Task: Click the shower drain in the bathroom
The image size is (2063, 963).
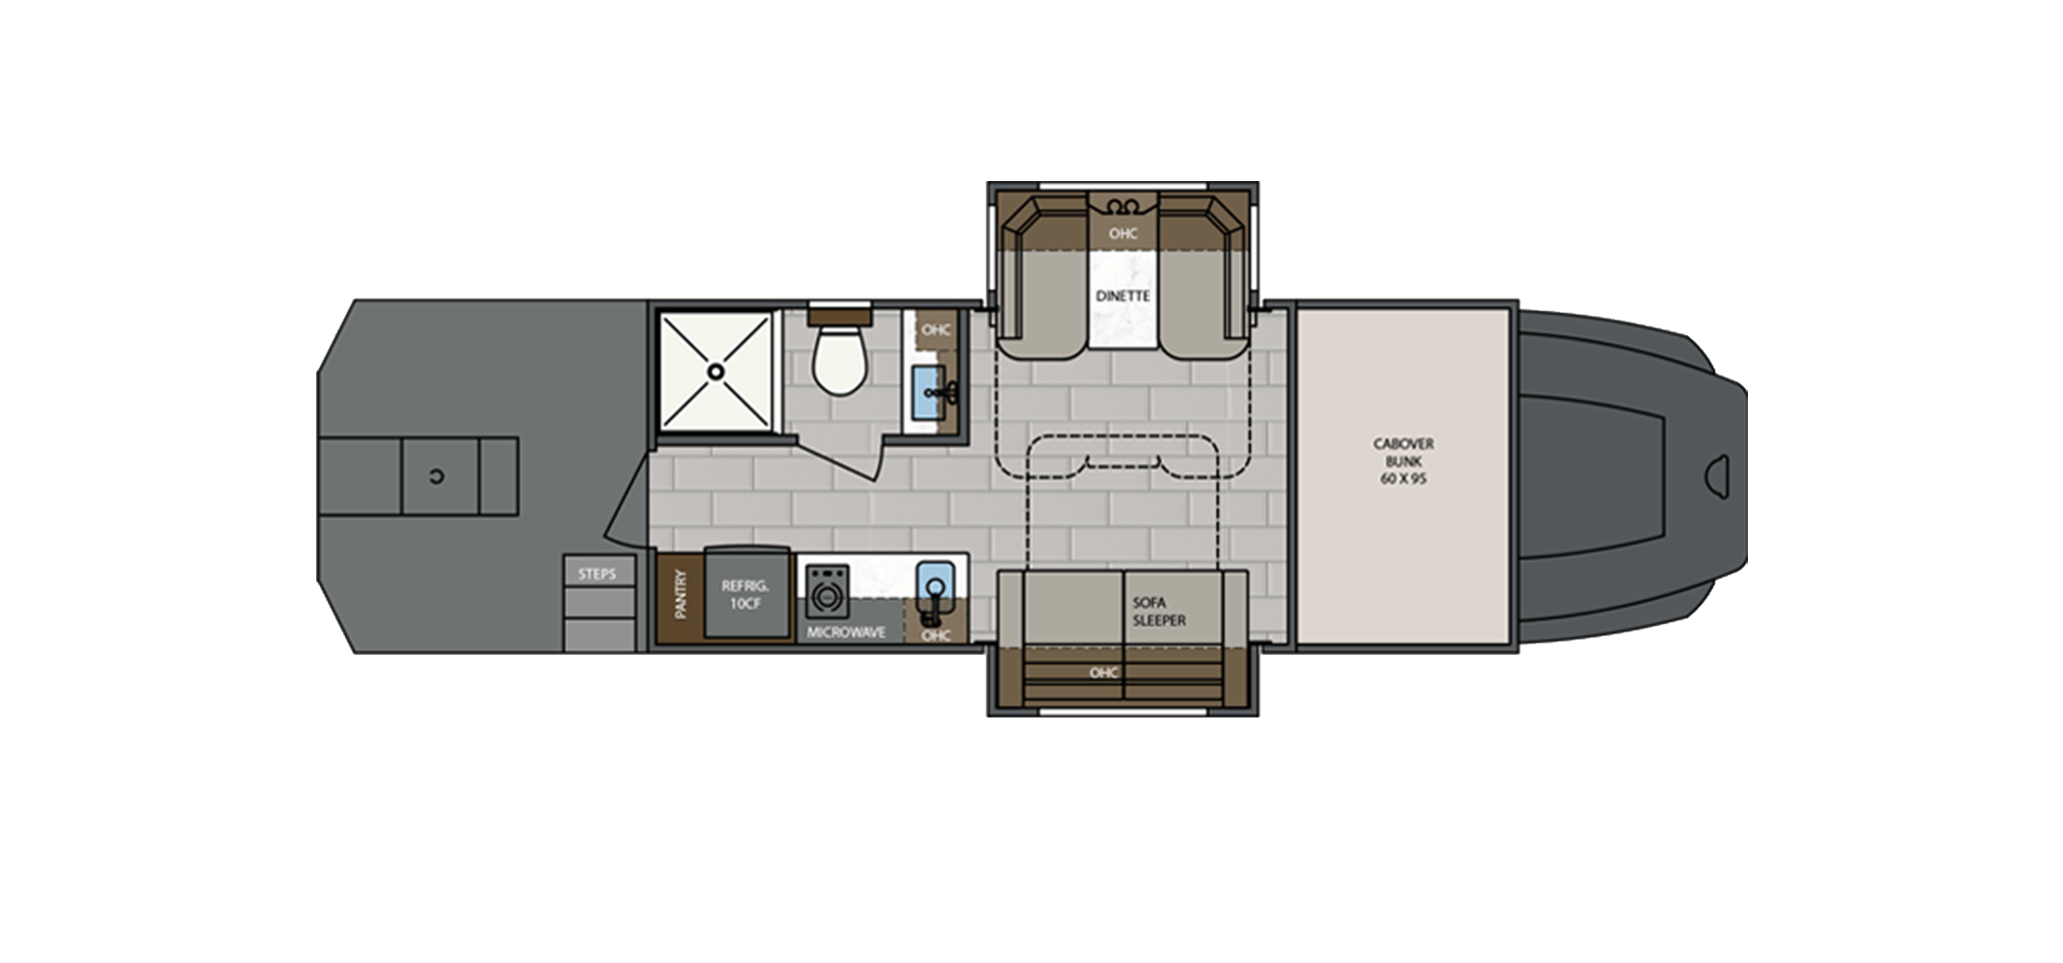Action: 716,370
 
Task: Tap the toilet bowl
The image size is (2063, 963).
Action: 837,362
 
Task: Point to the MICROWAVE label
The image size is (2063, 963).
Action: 846,633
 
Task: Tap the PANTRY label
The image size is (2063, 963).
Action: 681,596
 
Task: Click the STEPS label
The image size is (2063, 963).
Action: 596,574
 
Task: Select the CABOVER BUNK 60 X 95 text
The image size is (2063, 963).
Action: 1403,461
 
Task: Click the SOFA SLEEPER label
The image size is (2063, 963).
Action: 1159,611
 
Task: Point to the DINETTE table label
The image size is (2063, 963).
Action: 1123,296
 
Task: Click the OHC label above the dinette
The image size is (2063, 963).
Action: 1123,233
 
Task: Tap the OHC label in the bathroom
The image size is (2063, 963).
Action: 936,329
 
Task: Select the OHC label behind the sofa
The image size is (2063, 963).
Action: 1103,672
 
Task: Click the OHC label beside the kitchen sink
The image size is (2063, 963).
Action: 936,635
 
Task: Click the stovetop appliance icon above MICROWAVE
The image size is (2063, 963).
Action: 825,589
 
